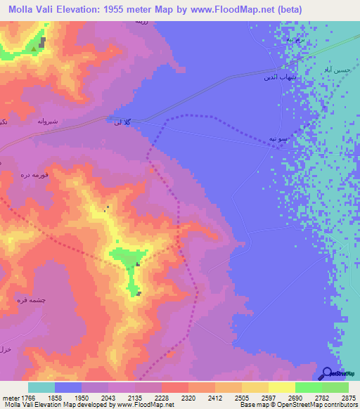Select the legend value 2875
pos(348,397)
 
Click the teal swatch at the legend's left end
pos(41,387)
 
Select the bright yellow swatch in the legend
pos(281,387)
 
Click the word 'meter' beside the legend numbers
pos(9,397)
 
